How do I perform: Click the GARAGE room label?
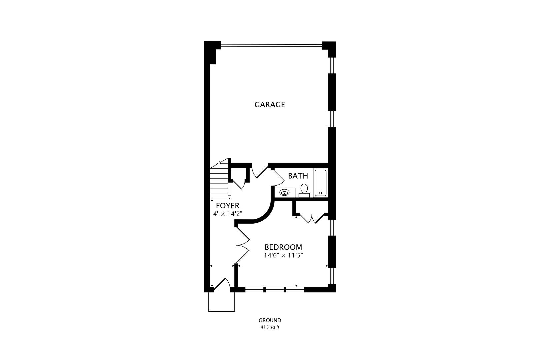(270, 105)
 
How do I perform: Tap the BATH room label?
(298, 176)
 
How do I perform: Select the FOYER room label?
(228, 206)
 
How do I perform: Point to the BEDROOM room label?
(283, 247)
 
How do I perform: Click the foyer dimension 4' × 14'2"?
(228, 214)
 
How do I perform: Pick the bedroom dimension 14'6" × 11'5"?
(283, 256)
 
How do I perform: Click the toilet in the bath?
(304, 190)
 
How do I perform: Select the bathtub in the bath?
(321, 183)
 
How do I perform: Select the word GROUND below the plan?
(270, 320)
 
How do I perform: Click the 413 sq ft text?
(270, 327)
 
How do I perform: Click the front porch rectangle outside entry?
(221, 302)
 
